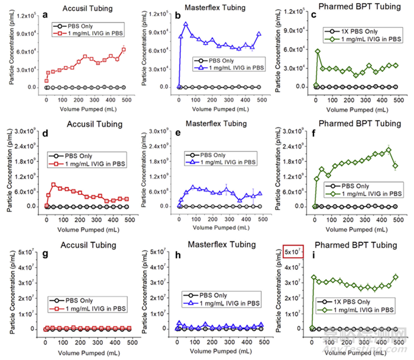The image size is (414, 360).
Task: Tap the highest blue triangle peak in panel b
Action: [186, 24]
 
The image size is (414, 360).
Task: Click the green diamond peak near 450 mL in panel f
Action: [387, 149]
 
